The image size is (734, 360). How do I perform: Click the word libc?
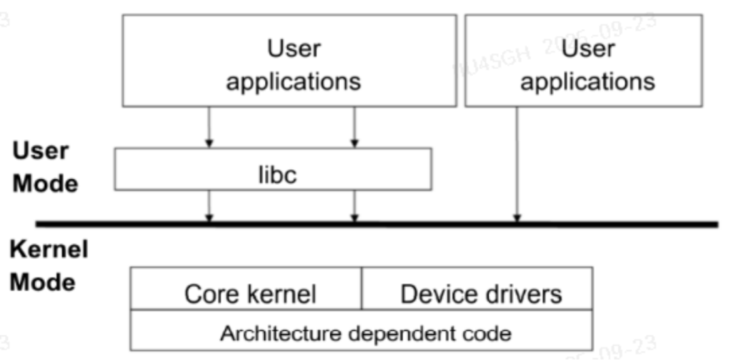click(x=272, y=175)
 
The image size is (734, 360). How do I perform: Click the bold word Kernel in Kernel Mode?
click(x=49, y=250)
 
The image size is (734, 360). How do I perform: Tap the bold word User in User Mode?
click(x=40, y=151)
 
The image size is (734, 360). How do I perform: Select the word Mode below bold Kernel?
click(x=41, y=282)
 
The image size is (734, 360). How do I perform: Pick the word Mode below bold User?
click(x=46, y=183)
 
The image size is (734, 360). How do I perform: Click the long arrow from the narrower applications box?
click(x=517, y=163)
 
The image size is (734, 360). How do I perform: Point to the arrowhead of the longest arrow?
click(x=517, y=218)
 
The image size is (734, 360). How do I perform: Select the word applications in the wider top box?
click(x=293, y=82)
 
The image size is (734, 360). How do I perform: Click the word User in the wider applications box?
click(x=293, y=49)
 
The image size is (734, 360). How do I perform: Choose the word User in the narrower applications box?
click(x=588, y=49)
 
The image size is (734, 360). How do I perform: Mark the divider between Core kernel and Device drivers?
click(x=361, y=288)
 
